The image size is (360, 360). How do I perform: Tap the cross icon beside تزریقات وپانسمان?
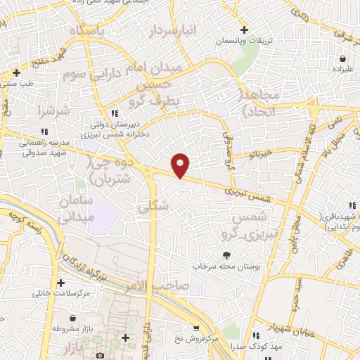tap(244, 30)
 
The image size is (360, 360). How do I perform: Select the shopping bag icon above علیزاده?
tap(342, 58)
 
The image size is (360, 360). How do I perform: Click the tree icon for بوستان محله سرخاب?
tap(226, 256)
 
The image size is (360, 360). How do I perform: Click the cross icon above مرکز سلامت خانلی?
tap(61, 282)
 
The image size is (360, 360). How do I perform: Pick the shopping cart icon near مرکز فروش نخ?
tap(196, 327)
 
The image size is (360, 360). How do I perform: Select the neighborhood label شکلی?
tap(155, 207)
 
